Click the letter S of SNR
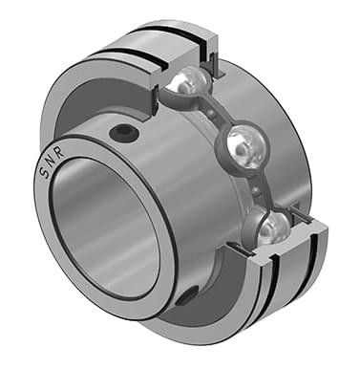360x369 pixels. tap(44, 172)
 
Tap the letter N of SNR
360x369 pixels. tap(51, 162)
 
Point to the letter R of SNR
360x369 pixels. tap(60, 152)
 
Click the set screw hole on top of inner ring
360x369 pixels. tap(124, 133)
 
